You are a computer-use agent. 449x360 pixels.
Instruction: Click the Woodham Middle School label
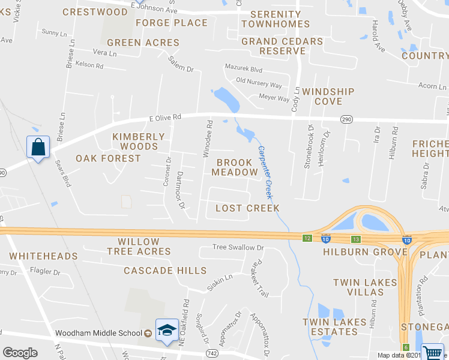98,334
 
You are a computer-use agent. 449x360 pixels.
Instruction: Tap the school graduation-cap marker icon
167,329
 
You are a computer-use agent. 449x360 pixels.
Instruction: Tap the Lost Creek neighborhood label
247,208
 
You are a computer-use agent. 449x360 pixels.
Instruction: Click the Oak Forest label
108,158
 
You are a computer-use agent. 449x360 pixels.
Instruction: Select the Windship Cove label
328,97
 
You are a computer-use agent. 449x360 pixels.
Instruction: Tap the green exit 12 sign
307,238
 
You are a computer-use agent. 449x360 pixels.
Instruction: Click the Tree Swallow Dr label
238,247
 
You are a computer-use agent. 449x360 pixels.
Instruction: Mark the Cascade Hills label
165,271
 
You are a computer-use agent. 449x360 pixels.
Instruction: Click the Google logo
20,353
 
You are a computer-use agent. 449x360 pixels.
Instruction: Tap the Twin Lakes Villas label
366,287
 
